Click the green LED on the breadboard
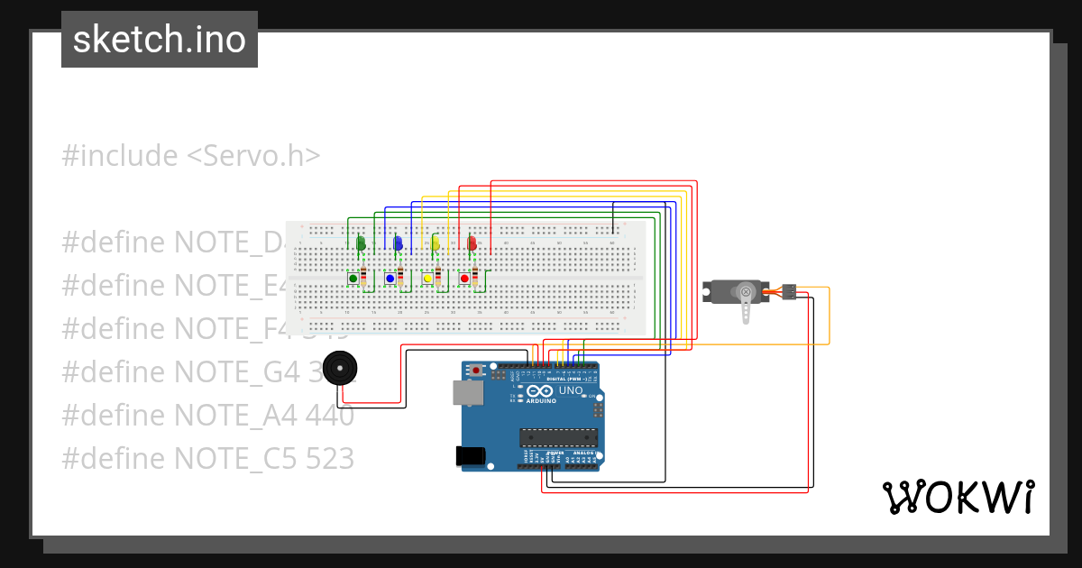tap(361, 243)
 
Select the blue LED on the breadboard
tap(398, 243)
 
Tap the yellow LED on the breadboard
tap(436, 243)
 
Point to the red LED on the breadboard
tap(472, 243)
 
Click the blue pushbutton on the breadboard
tap(390, 279)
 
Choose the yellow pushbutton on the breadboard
tap(427, 279)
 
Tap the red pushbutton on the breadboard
tap(464, 279)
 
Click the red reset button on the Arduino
tap(476, 370)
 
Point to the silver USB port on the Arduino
tap(466, 391)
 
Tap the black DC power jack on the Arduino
tap(472, 456)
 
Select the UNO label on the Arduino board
tap(571, 391)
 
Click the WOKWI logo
tap(958, 497)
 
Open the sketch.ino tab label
tap(160, 40)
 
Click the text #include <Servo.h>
tap(191, 155)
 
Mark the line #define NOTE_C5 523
tap(207, 458)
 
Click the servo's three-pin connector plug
tap(788, 291)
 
